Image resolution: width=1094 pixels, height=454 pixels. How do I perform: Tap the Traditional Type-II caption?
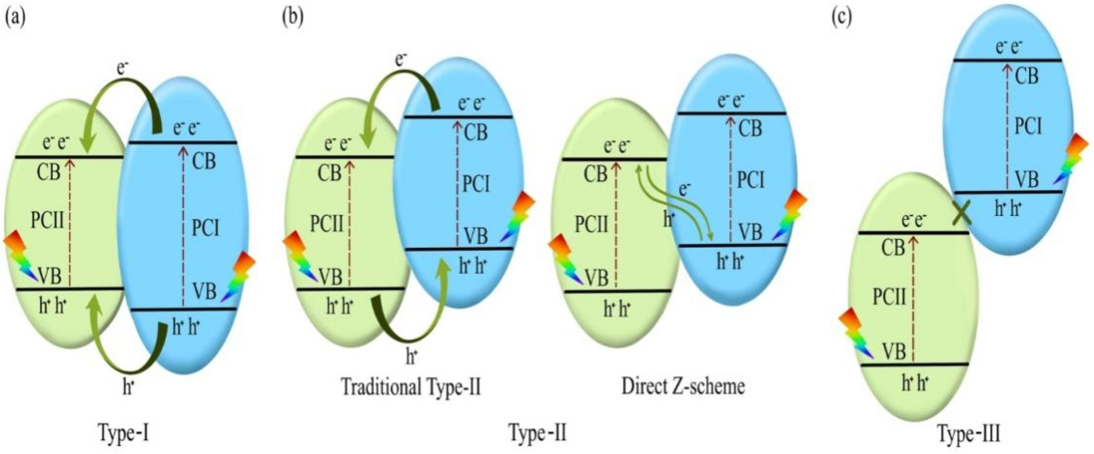pos(411,388)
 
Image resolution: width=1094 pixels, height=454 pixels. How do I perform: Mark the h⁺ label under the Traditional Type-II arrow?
pos(410,356)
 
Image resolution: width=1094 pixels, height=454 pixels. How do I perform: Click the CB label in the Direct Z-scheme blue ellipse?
pos(751,128)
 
